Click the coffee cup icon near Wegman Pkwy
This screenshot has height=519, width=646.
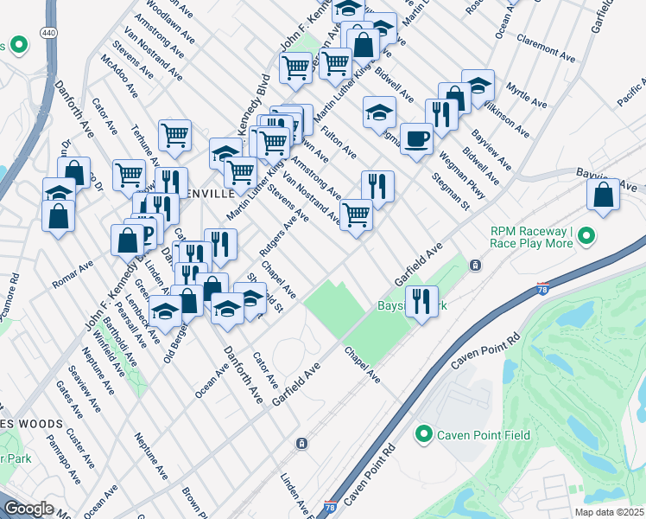[x=416, y=138]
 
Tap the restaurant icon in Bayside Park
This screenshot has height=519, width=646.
[x=421, y=302]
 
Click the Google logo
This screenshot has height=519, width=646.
[x=28, y=508]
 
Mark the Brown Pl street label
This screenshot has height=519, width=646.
[x=192, y=502]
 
